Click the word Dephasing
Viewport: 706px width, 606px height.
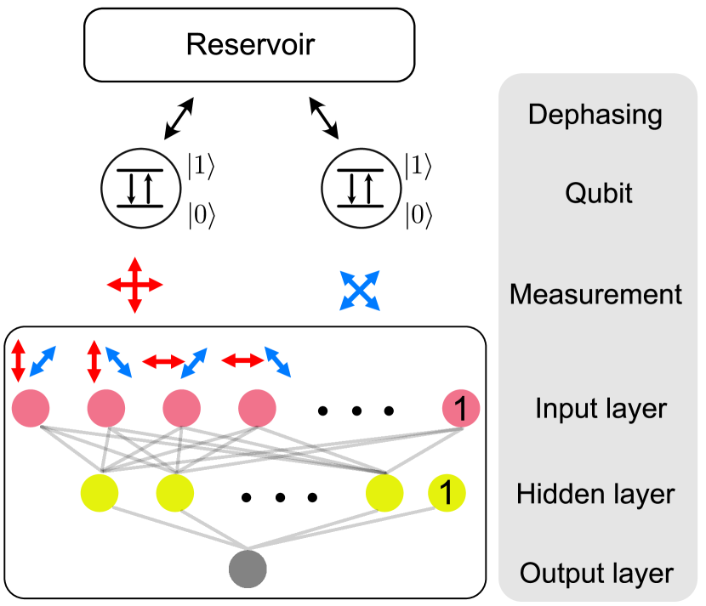[595, 115]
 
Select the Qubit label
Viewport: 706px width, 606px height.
[599, 193]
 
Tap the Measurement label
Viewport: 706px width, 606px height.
[595, 294]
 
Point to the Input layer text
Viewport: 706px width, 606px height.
[601, 408]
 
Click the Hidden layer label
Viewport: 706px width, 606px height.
[595, 494]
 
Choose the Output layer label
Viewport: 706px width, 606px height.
[596, 573]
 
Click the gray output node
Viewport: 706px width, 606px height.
[248, 569]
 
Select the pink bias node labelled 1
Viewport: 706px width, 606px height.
[461, 409]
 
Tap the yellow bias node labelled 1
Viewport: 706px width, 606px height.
[447, 493]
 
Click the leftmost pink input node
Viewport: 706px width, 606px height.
[31, 408]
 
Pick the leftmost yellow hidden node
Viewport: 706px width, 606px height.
[100, 493]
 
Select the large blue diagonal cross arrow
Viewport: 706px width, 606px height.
[359, 291]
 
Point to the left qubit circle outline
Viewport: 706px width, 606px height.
[101, 189]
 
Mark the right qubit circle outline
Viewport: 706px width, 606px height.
[322, 189]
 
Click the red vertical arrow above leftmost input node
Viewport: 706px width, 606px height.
[18, 361]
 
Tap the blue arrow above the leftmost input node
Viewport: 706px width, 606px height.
[43, 361]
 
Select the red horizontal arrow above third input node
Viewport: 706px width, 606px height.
[162, 362]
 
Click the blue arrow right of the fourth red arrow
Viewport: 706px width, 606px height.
[277, 361]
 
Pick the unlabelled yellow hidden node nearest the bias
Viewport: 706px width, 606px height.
[384, 493]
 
